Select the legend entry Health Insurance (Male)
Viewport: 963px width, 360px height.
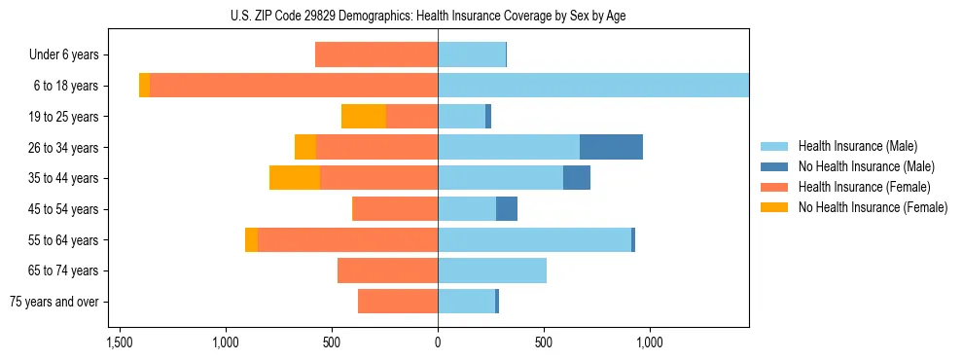[857, 146]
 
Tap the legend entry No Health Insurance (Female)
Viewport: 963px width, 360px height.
[873, 207]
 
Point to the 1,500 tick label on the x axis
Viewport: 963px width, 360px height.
[120, 342]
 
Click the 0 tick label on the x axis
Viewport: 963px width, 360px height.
[438, 342]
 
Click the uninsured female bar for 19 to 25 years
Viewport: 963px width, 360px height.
[364, 117]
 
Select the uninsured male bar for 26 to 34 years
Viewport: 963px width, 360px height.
[611, 147]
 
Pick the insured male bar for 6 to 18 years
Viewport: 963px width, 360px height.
[593, 86]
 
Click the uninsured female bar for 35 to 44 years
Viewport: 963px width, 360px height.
[295, 178]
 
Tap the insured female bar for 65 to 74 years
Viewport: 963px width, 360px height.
[387, 270]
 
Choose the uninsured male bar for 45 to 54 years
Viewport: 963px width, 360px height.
[507, 209]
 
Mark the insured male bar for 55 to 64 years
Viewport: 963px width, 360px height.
[534, 239]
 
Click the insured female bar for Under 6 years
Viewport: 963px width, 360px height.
[376, 55]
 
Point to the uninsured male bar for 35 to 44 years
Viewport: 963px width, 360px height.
[577, 178]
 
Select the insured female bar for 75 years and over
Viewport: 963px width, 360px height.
[398, 302]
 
